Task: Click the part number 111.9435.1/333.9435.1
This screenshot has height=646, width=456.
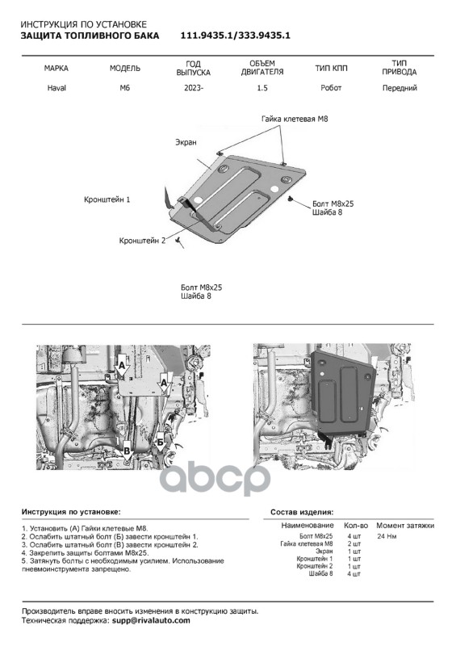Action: [235, 36]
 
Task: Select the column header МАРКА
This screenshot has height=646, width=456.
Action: [56, 68]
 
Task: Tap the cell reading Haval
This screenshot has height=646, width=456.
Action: [56, 88]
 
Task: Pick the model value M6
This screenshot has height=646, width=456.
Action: [125, 88]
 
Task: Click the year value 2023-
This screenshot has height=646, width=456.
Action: [194, 88]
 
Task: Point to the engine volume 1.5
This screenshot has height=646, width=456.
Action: [262, 88]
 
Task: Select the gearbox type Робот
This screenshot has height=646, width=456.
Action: [331, 88]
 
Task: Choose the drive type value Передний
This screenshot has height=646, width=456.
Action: [400, 88]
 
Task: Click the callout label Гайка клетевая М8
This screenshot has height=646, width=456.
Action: [295, 119]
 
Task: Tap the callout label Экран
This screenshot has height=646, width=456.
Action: [186, 142]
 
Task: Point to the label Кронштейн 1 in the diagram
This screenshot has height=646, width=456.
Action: [107, 199]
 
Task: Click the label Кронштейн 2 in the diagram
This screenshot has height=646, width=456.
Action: [142, 241]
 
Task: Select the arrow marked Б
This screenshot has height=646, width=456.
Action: [160, 443]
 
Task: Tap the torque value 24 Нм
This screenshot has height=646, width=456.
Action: [387, 536]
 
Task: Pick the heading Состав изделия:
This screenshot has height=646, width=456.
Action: [302, 513]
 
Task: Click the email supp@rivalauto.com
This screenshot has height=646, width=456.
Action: [151, 620]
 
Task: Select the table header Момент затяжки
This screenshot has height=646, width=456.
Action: [405, 526]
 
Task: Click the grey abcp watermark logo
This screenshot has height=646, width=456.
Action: [215, 480]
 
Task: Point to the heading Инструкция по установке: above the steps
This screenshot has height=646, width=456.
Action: [71, 512]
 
